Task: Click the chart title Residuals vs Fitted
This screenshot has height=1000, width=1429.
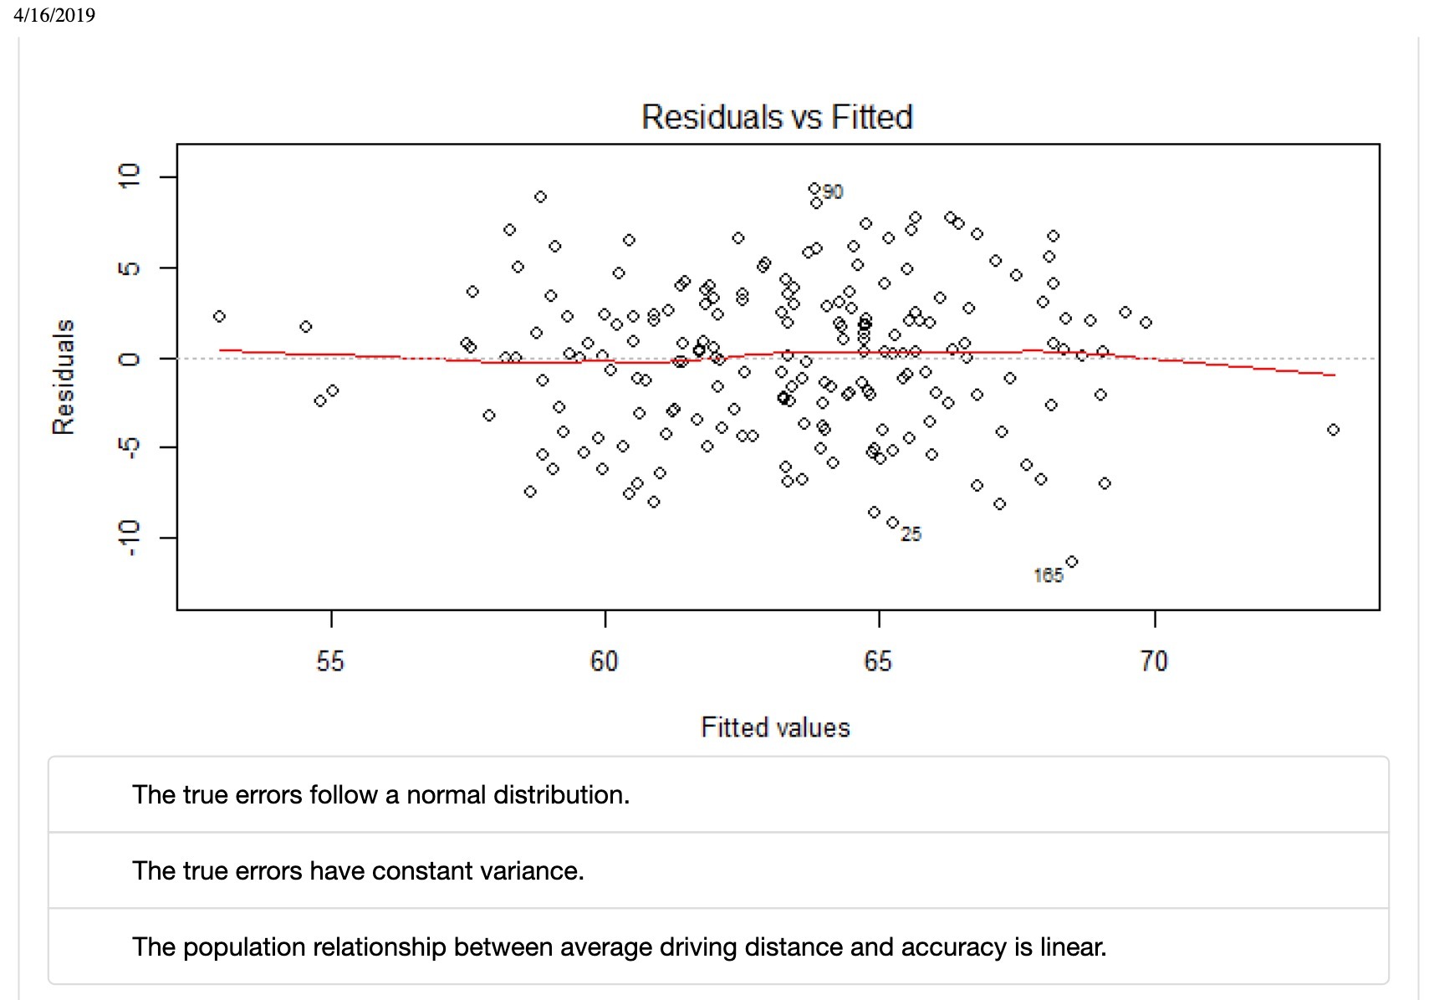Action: click(x=777, y=117)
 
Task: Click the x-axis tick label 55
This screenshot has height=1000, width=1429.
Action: click(x=330, y=661)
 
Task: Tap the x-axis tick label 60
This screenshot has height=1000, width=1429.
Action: click(x=604, y=661)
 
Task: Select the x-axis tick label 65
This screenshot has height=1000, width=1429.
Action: click(x=878, y=661)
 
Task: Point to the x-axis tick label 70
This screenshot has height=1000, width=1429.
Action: click(x=1154, y=661)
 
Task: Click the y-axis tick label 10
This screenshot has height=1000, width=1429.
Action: click(x=129, y=176)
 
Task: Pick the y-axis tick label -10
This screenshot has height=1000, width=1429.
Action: click(x=129, y=537)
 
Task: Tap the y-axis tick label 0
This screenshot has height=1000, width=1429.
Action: click(x=129, y=359)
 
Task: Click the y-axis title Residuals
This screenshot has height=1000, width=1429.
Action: click(x=64, y=376)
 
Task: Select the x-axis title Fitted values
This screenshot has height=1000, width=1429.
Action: click(x=775, y=727)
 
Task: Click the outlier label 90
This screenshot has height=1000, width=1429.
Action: click(x=833, y=192)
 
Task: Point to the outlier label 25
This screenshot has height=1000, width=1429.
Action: click(x=911, y=534)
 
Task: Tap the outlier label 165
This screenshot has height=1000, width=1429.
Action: click(x=1048, y=575)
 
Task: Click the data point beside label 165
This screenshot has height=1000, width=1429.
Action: click(x=1072, y=562)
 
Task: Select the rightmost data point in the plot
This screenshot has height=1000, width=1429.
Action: click(x=1333, y=430)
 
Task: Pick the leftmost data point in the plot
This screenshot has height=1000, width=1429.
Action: click(x=219, y=316)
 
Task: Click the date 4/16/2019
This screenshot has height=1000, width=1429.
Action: click(x=54, y=15)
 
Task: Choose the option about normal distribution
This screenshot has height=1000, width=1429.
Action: click(x=380, y=794)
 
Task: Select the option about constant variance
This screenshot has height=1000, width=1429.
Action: click(x=358, y=870)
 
